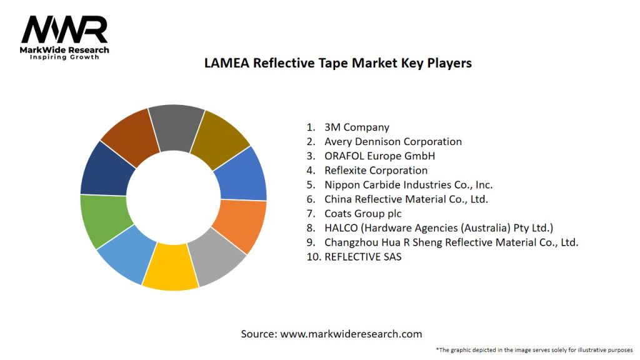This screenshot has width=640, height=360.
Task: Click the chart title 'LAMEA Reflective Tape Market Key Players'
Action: [x=337, y=63]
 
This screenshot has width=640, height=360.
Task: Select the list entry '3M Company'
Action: [x=356, y=127]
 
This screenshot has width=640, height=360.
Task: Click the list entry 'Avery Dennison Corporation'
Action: [x=392, y=142]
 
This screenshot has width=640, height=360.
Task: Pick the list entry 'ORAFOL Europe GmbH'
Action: [x=379, y=156]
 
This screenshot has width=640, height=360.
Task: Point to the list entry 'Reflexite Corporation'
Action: [x=376, y=171]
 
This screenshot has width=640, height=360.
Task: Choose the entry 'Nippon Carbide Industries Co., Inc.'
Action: [x=408, y=185]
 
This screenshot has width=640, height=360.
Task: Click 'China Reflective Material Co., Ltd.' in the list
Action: [x=406, y=199]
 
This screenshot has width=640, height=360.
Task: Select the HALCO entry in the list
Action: [x=438, y=228]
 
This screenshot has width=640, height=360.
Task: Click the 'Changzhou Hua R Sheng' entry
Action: [x=451, y=242]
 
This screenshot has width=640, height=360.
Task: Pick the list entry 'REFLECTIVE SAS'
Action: [x=362, y=257]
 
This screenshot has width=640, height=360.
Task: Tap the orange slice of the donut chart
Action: [x=243, y=225]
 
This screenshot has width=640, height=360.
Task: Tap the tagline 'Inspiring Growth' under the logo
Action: [x=65, y=57]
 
